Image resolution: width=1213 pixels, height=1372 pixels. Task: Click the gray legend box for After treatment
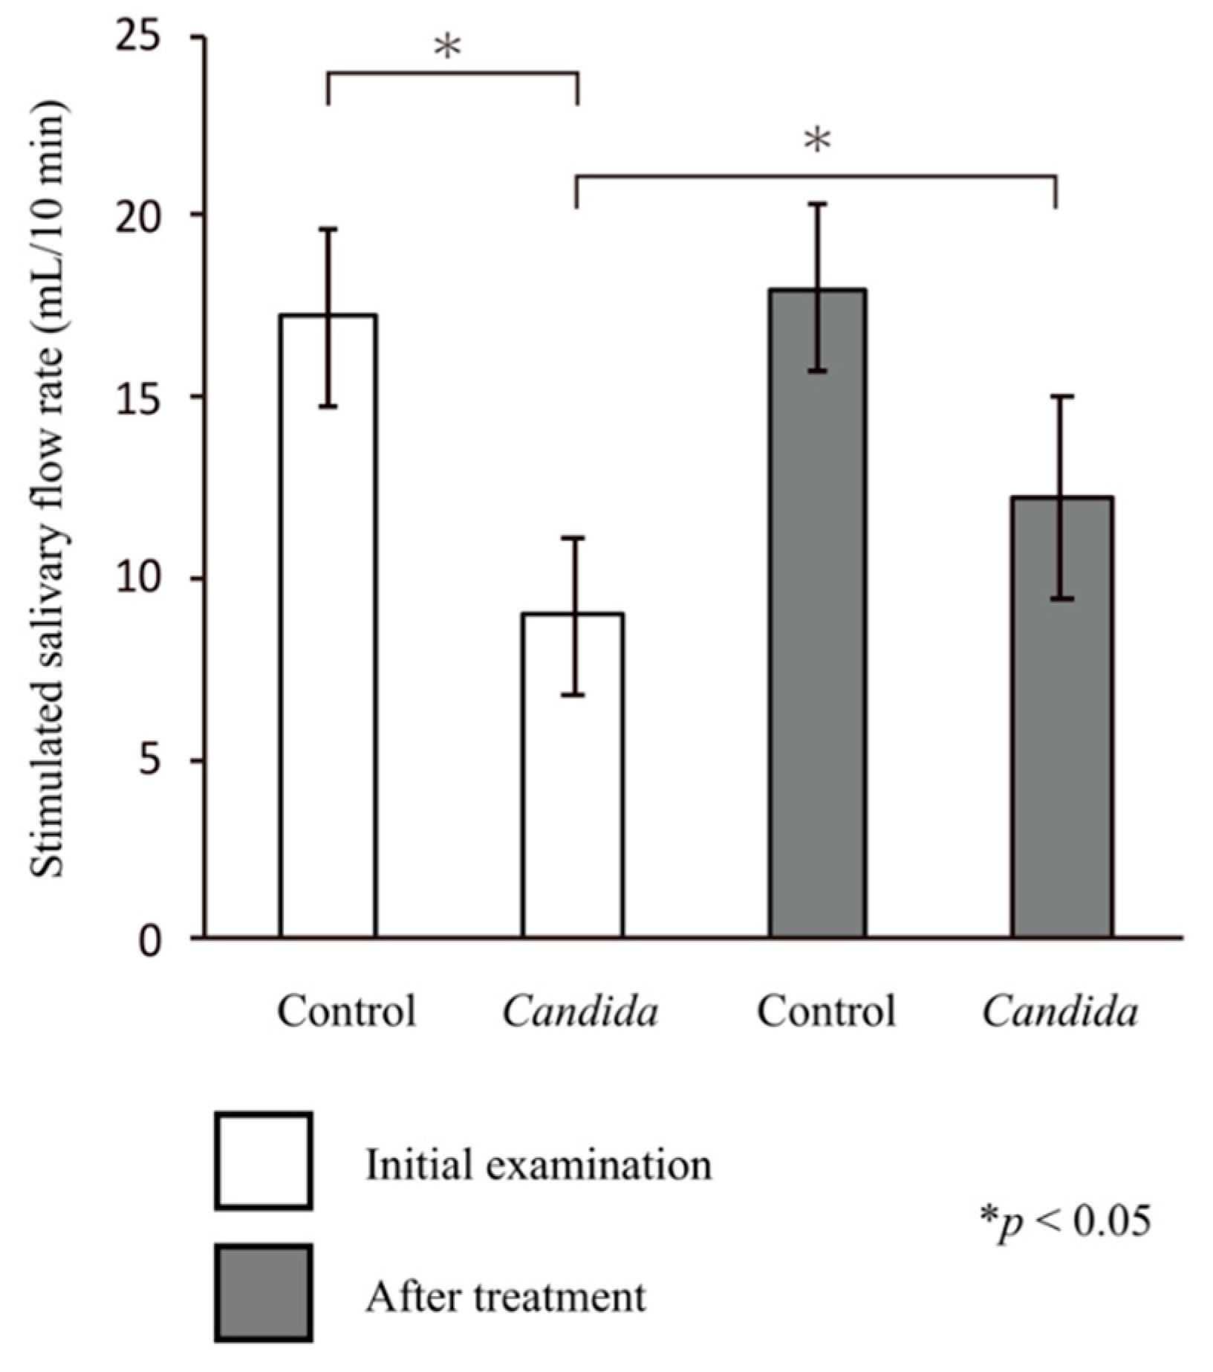click(x=263, y=1294)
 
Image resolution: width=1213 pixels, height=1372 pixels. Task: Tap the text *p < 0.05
click(x=1065, y=1220)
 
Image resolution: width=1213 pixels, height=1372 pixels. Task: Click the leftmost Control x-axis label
click(x=346, y=1011)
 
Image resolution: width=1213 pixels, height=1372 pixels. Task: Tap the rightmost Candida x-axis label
click(x=1060, y=1011)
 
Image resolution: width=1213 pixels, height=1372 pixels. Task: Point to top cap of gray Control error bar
click(x=818, y=204)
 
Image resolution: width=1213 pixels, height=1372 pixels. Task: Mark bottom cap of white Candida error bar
click(x=573, y=695)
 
